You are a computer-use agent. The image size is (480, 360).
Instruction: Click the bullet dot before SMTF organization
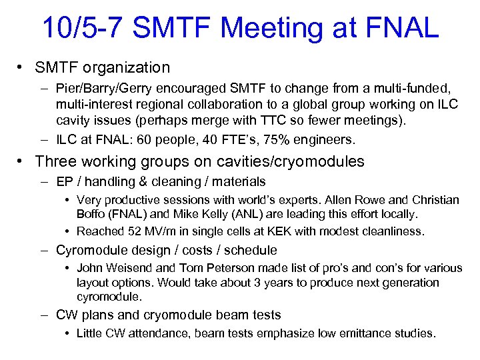tap(22, 67)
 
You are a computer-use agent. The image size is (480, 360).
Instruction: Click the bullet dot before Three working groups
tap(22, 161)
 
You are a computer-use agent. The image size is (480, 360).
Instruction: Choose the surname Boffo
tap(93, 215)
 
